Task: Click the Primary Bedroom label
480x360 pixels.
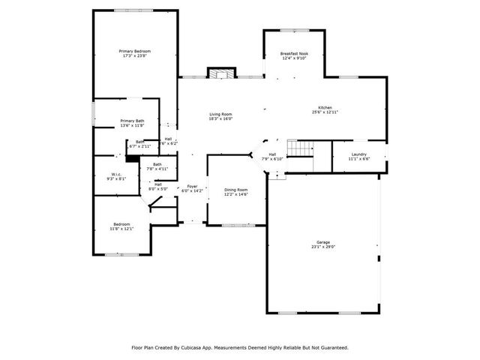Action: [x=135, y=51]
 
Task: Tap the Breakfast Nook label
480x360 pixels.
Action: [x=294, y=54]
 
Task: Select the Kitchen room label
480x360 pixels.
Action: [x=325, y=108]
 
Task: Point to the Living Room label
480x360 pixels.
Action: [x=220, y=114]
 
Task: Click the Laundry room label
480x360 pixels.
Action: [x=358, y=154]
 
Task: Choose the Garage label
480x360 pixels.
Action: [x=323, y=242]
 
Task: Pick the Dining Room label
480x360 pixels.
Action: [x=235, y=189]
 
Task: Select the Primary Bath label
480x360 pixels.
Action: [x=132, y=121]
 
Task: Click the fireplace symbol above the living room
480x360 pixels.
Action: [x=218, y=74]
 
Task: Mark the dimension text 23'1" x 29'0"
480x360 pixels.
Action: [x=323, y=247]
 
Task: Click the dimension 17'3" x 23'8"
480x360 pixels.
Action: [x=135, y=55]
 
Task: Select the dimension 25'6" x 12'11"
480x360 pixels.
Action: [x=325, y=112]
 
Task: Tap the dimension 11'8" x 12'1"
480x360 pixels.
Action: [x=121, y=228]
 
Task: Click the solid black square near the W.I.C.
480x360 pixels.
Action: [x=131, y=157]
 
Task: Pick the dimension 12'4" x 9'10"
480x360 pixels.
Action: [x=294, y=58]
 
